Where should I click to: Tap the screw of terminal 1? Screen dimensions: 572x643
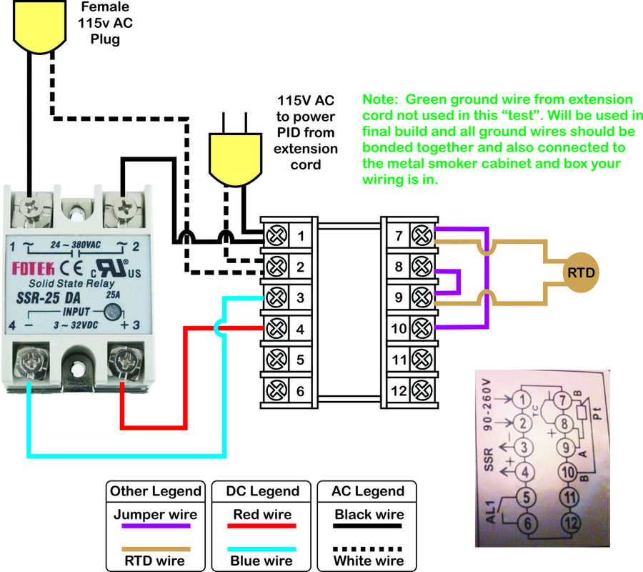(x=276, y=235)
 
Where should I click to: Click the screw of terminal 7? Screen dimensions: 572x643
(x=422, y=235)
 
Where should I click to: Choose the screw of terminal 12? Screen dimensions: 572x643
(x=422, y=390)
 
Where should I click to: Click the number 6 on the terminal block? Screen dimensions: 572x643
(x=301, y=391)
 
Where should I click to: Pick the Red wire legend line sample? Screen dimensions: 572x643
(x=261, y=526)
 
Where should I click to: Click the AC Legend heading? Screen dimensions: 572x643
(x=368, y=491)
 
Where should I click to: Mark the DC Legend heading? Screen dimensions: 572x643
(x=261, y=491)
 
